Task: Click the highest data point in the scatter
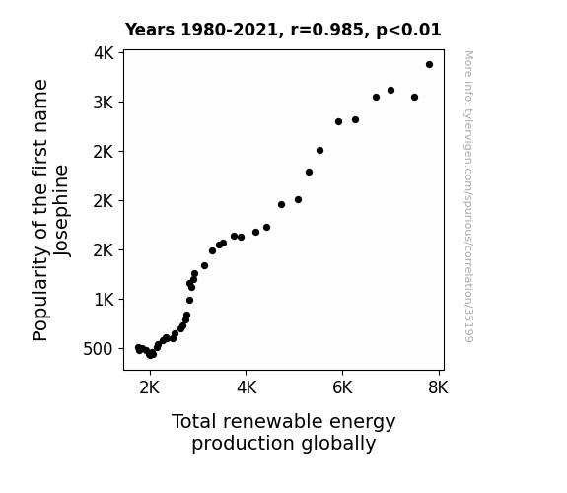(429, 65)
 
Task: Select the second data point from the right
(414, 97)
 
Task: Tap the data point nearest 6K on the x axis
(338, 121)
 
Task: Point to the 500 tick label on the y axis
(98, 349)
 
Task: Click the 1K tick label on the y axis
(104, 300)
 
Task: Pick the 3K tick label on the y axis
(104, 103)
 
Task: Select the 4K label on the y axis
(104, 53)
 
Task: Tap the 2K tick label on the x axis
(149, 387)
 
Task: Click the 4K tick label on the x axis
(247, 387)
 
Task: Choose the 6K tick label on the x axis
(342, 387)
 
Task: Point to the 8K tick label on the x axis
(438, 387)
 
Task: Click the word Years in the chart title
(150, 30)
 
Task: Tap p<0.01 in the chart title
(408, 31)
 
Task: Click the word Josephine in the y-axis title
(61, 211)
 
